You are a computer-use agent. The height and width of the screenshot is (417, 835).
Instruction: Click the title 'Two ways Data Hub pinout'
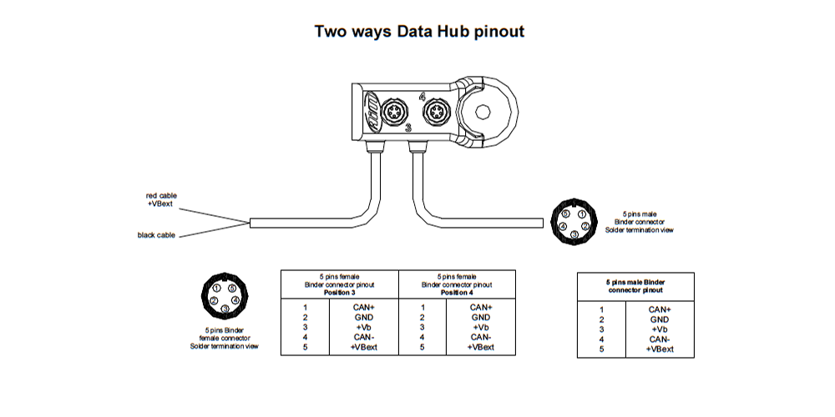coord(418,32)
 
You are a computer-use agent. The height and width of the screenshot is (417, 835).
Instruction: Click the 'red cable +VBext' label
coord(161,199)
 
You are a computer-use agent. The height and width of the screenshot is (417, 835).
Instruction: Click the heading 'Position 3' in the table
coord(340,293)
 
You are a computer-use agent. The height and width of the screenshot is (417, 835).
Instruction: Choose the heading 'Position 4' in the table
coord(457,293)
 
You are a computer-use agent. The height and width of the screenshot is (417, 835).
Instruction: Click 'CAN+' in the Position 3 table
coord(365,307)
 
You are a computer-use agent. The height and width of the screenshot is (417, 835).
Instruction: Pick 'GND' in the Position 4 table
coord(481,317)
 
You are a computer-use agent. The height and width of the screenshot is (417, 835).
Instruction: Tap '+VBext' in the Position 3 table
coord(365,347)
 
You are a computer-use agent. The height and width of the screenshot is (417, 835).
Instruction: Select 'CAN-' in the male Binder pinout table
coord(660,339)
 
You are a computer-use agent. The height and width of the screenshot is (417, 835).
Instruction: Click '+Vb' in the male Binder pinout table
coord(660,329)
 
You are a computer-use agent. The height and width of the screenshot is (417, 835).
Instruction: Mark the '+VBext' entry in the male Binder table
coord(660,349)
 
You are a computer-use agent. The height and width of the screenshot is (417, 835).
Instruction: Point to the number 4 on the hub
coord(422,97)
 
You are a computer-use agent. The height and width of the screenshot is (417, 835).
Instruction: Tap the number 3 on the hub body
coord(407,128)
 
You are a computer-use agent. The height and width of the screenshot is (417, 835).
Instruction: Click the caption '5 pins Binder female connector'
coord(224,337)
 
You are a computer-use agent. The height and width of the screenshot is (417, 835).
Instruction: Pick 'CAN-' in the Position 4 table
coord(481,337)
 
